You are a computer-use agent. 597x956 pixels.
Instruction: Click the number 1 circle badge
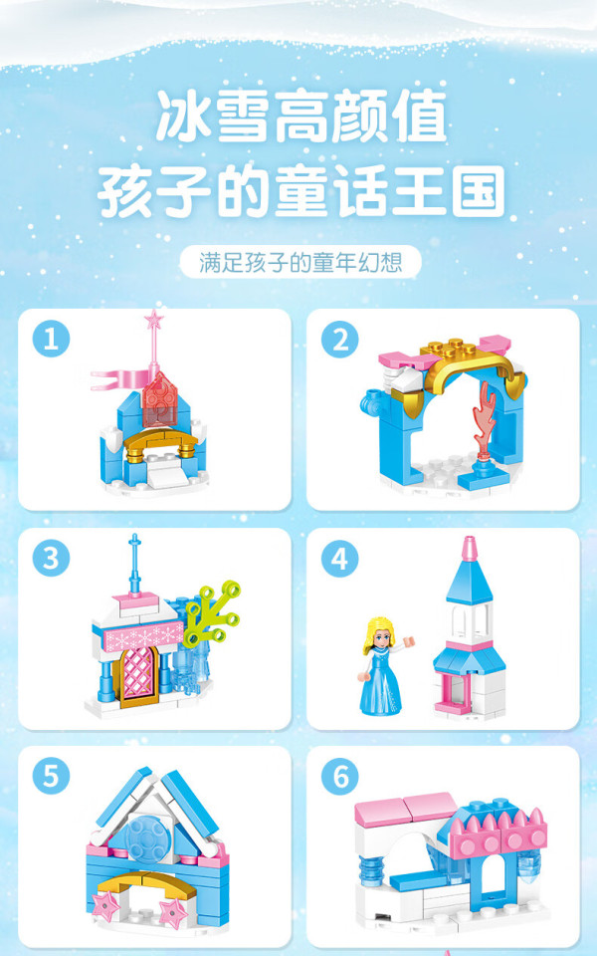coord(51,339)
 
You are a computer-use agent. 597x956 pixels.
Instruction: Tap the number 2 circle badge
coord(340,339)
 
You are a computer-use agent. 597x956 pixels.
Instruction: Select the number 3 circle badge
coord(51,558)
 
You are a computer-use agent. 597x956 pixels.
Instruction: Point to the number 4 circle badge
coord(340,559)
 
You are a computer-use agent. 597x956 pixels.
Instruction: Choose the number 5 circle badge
coord(51,776)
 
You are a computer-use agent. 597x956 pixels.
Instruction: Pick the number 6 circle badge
coord(340,776)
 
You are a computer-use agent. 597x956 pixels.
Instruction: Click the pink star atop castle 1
coord(154,319)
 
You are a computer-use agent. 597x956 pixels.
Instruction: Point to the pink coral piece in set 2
coord(485,418)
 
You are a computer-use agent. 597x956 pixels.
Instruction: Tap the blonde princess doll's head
coord(378,634)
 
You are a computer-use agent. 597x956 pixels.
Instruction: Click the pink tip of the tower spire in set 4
coord(469,548)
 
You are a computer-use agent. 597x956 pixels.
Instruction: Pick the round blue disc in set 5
coord(144,838)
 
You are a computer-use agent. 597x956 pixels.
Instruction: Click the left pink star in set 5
coord(106,906)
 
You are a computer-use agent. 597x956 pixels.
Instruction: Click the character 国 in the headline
coord(479,191)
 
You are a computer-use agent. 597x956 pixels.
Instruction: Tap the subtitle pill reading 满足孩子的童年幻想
coord(300,262)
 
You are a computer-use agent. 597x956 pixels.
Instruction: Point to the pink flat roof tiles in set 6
coord(405,809)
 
